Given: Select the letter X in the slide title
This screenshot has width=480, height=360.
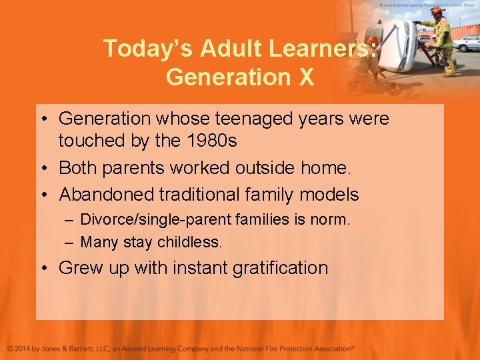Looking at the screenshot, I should click(305, 77).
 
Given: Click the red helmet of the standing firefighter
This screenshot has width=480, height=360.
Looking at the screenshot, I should click(437, 11).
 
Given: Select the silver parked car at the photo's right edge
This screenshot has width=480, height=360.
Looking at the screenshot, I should click(467, 42).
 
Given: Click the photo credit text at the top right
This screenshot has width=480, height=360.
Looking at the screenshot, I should click(427, 4).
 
